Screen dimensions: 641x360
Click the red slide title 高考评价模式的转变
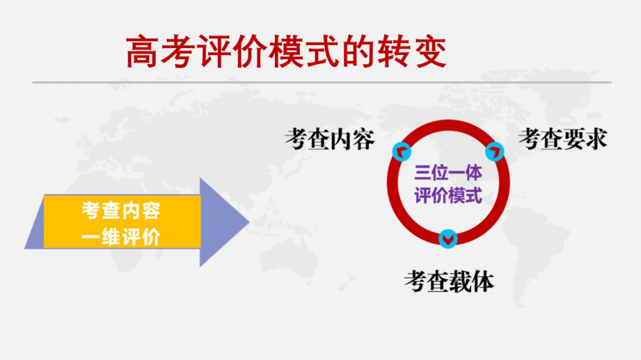coord(286,52)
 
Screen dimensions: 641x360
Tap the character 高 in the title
coord(142,52)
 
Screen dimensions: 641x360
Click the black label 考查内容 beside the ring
coord(329,140)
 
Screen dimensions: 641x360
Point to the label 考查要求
coord(563,139)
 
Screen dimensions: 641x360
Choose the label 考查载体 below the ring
coord(449,282)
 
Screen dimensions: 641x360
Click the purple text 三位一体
coord(448,173)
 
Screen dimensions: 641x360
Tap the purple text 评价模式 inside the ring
coord(448,195)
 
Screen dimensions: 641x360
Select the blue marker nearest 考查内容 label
coord(402,152)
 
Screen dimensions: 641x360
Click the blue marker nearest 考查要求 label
coord(495,152)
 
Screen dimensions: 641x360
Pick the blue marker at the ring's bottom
coord(448,239)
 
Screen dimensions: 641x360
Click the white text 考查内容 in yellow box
coord(121,211)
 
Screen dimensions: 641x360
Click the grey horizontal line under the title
coord(322,83)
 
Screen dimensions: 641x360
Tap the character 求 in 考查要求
coord(596,139)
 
